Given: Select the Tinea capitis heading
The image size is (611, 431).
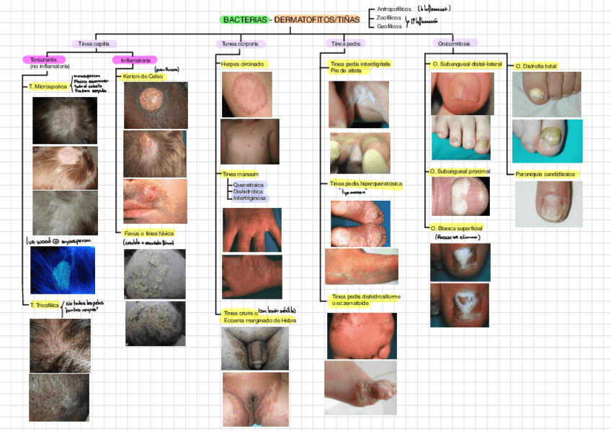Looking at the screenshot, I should pos(95,44).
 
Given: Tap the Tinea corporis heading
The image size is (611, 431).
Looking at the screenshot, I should pos(239,44).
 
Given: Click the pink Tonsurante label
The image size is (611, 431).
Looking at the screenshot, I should pos(44,59).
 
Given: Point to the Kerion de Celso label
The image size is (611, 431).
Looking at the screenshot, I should pos(143,76).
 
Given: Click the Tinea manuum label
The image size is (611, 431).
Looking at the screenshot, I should pos(240,174).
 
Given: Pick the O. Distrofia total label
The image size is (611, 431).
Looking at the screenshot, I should pos(536,66).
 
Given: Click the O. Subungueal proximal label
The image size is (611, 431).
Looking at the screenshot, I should pos(460,171).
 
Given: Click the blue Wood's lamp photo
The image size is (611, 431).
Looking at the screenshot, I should pos(63,270).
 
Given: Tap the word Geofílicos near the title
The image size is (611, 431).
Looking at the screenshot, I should pos(389,27).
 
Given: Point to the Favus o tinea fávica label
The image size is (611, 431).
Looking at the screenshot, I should pos(148,234).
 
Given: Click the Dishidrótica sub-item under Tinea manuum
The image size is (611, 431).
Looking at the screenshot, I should pos(248,191).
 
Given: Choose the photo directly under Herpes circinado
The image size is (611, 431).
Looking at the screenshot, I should pos(247,94).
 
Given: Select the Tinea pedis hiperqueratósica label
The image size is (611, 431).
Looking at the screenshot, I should pos(366,184).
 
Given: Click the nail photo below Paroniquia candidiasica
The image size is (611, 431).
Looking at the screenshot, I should pos(548,204).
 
